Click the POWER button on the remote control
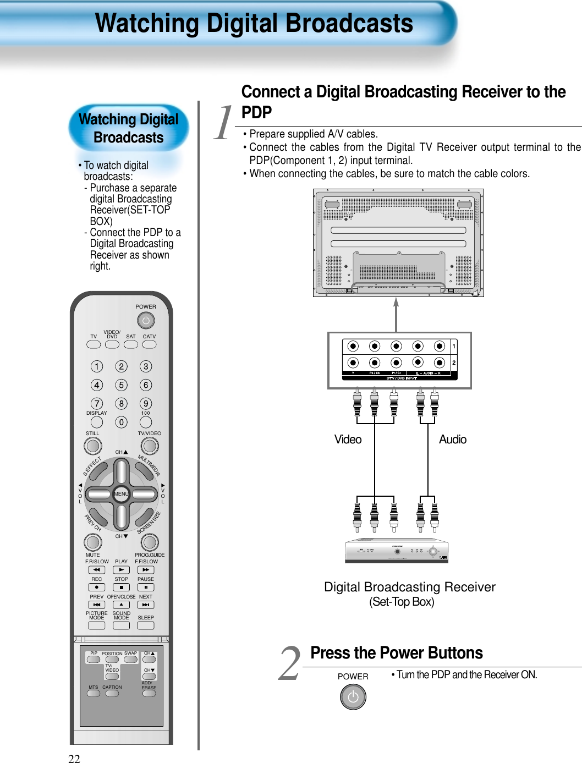click(146, 320)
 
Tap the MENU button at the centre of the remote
click(121, 494)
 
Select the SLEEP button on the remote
click(146, 625)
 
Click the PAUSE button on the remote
click(146, 588)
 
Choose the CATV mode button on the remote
click(149, 345)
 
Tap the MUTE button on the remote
click(92, 542)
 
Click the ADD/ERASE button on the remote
click(149, 694)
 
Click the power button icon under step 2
click(353, 698)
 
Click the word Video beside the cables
click(348, 440)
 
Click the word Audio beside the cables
click(452, 440)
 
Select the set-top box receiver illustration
click(397, 551)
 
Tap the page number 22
click(74, 759)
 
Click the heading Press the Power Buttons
click(396, 653)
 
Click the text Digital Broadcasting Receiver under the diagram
click(409, 587)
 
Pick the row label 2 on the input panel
click(454, 363)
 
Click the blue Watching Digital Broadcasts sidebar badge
click(129, 128)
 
